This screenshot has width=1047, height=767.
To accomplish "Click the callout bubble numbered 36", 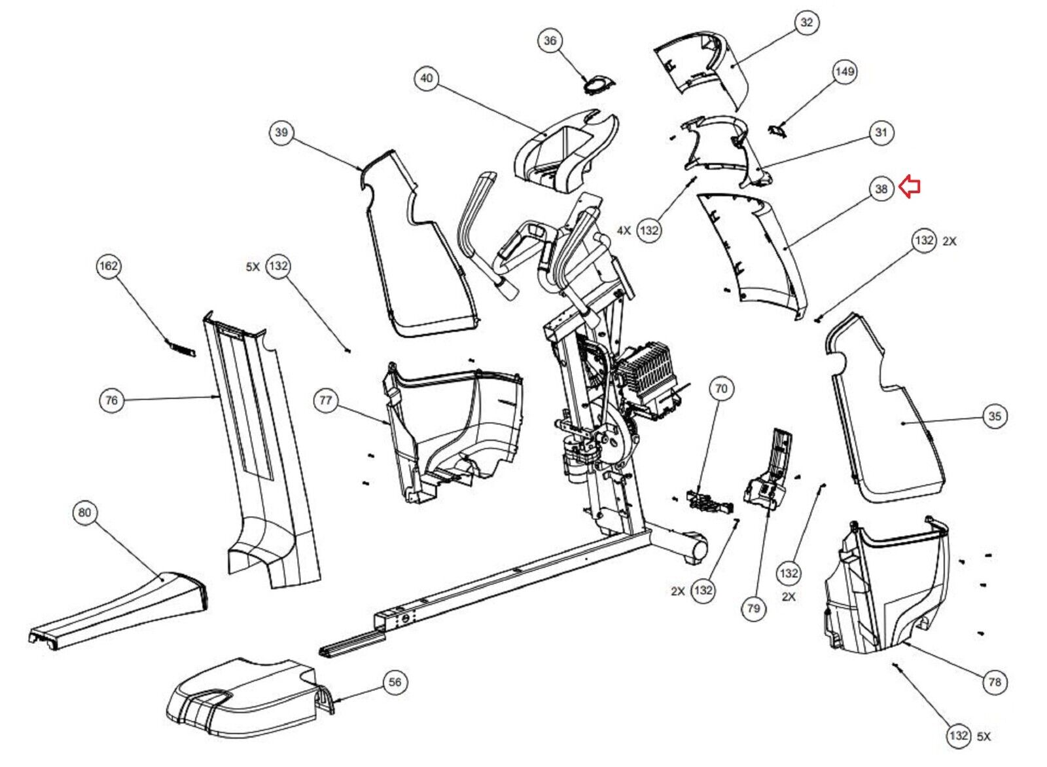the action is tap(550, 41).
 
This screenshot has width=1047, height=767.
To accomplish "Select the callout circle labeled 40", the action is tap(427, 78).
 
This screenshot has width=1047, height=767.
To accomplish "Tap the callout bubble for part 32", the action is tap(807, 22).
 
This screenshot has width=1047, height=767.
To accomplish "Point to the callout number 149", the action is tap(845, 71).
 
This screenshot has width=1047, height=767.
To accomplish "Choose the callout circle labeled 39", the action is tap(281, 132).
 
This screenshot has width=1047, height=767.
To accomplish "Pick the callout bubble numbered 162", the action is tap(109, 267).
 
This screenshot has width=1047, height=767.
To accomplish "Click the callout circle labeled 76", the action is tap(112, 401).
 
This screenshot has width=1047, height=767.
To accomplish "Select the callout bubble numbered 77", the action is tap(326, 401).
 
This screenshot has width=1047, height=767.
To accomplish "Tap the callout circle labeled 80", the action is tap(84, 513).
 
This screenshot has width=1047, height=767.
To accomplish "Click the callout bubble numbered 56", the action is tap(395, 683).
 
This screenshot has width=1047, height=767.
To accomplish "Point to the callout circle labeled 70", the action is tap(721, 388).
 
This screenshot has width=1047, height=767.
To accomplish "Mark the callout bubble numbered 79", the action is tap(754, 609).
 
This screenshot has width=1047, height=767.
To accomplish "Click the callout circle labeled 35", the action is tap(995, 416).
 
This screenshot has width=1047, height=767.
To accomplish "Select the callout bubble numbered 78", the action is tap(995, 683).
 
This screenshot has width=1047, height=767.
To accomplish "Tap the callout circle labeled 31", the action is tap(881, 132).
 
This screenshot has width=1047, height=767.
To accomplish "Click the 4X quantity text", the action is tap(624, 231).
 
